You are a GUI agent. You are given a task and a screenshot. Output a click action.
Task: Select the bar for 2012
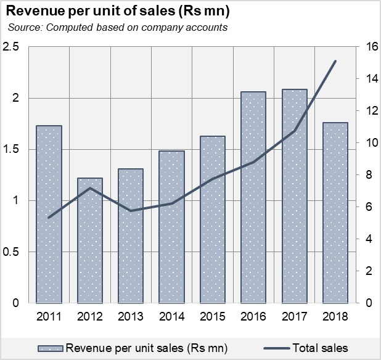90,240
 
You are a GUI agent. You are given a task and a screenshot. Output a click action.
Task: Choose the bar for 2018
335,213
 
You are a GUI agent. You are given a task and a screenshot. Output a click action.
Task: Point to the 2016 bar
253,197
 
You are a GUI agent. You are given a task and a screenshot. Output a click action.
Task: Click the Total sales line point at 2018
335,61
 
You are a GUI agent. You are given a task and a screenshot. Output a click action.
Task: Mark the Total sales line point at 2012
90,188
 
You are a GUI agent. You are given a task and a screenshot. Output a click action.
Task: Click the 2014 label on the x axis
171,317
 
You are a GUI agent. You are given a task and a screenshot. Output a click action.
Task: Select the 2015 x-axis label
213,317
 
